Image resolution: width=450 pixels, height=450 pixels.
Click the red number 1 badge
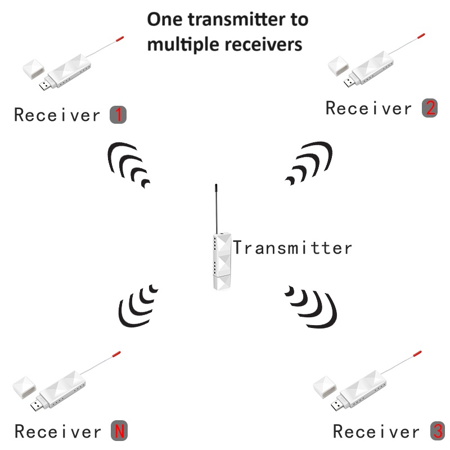click(x=118, y=115)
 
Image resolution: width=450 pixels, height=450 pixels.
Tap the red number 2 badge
click(x=430, y=108)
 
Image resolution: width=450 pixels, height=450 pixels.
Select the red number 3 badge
click(x=438, y=431)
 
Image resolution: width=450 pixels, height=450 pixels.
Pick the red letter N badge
click(x=119, y=430)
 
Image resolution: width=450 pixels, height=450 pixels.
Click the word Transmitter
click(x=292, y=247)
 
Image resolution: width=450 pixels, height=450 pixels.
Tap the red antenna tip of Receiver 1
click(x=120, y=39)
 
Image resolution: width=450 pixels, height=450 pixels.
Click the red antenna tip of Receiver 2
click(x=421, y=36)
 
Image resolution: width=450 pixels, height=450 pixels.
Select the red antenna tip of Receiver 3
click(x=417, y=353)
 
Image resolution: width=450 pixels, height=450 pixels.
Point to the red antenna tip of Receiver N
click(x=116, y=354)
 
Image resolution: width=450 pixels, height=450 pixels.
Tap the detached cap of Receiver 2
click(x=339, y=65)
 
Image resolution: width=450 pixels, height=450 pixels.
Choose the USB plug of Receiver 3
click(x=337, y=404)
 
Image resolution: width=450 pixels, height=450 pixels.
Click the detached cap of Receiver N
click(x=25, y=388)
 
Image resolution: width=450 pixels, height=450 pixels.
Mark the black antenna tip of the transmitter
click(x=216, y=188)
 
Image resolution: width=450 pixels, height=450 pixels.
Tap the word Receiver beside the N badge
click(x=58, y=431)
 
